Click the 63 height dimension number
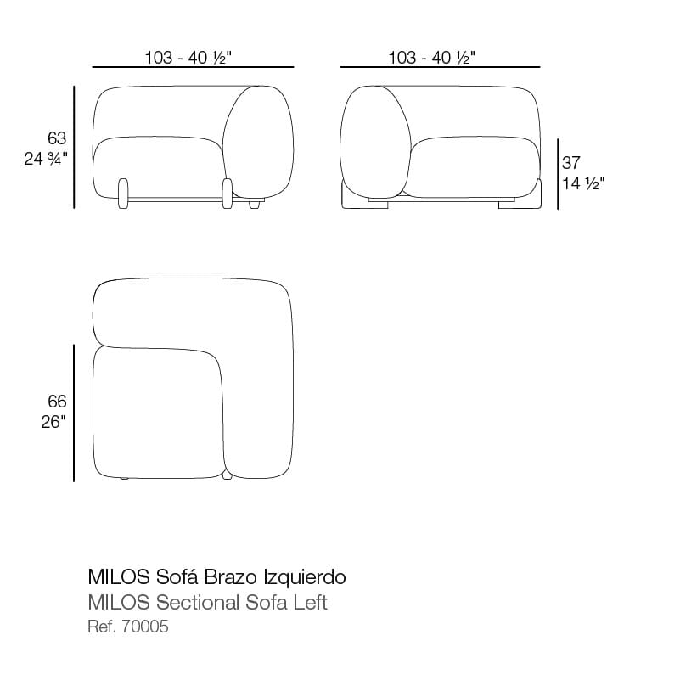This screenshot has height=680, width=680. (x=57, y=138)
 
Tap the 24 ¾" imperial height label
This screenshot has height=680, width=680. (x=46, y=159)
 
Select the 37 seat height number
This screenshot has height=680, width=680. (x=570, y=163)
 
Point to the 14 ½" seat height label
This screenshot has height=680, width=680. (x=583, y=183)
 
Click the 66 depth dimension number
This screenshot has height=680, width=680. (x=57, y=402)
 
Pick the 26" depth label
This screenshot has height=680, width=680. (x=53, y=422)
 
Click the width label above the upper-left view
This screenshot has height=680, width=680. (x=188, y=58)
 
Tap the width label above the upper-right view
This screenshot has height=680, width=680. (x=432, y=58)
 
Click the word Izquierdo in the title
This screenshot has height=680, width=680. (x=305, y=577)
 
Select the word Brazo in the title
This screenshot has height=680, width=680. (x=231, y=577)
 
